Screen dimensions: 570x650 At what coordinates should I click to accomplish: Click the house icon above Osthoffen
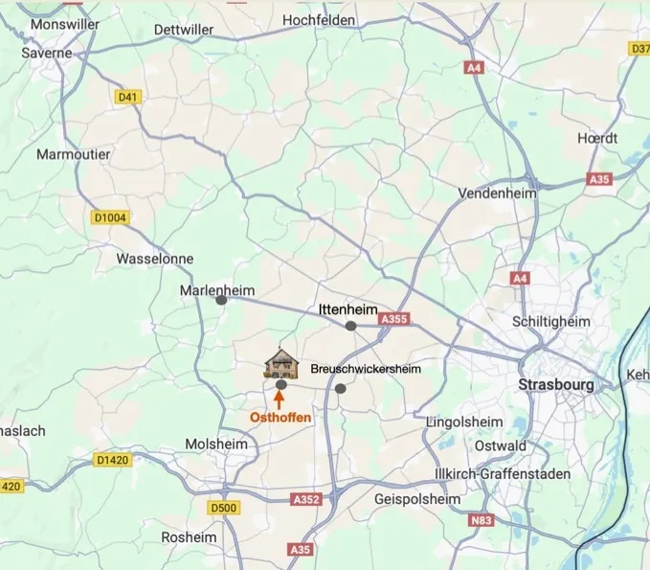[281, 363]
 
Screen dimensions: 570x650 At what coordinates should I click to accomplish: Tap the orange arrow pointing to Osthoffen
[280, 400]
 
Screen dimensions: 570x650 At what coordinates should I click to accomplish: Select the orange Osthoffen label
[280, 418]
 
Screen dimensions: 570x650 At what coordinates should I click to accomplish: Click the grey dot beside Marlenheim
[221, 300]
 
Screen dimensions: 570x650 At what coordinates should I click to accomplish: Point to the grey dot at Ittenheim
[351, 326]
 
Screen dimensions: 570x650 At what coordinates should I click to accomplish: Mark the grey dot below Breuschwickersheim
[341, 388]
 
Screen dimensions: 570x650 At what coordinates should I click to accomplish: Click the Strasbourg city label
[555, 384]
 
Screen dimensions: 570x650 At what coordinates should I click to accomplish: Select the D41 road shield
[127, 97]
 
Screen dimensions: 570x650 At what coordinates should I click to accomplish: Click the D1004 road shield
[110, 217]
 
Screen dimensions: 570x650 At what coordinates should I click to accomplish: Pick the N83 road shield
[482, 520]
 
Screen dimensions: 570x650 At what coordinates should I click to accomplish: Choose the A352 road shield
[307, 499]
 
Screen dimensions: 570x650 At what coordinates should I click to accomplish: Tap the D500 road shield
[221, 507]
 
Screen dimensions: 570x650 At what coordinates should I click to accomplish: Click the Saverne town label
[47, 53]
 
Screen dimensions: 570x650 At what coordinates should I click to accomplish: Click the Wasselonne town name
[154, 259]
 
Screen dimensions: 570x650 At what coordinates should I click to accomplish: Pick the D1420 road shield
[113, 461]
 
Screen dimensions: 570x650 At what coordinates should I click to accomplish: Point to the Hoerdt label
[597, 138]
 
